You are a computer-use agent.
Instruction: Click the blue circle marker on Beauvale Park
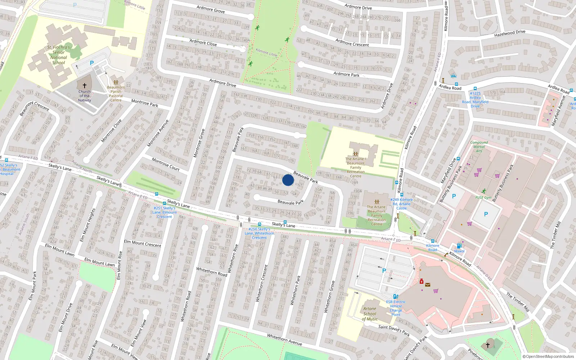pos(288,180)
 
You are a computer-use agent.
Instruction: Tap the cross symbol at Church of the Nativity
pos(85,86)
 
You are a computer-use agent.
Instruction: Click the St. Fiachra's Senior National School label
pos(59,55)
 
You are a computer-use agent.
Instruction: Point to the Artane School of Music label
pos(370,314)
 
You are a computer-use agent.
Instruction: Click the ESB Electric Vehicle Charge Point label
pos(396,308)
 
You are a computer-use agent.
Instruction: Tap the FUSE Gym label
pos(483,197)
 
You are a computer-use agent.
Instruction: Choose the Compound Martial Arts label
pos(479,147)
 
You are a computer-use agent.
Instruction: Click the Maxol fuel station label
pos(459,251)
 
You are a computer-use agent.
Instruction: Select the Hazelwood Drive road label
pos(510,33)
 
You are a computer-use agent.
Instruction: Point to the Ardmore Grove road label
pos(211,10)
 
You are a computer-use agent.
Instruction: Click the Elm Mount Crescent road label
pos(143,243)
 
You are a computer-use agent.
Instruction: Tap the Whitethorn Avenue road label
pos(284,339)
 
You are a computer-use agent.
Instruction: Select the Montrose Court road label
pos(166,164)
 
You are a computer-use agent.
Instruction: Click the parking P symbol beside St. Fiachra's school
pos(92,63)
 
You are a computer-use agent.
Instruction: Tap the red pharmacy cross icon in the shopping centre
pos(422,281)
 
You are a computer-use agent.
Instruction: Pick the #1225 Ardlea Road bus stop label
pos(475,100)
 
